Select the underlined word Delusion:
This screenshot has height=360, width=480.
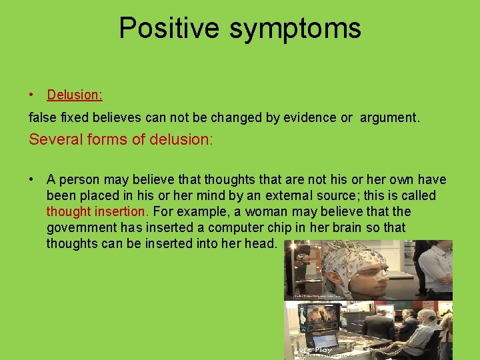point(75,95)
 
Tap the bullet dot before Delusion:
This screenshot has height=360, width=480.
point(32,95)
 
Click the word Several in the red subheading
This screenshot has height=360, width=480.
point(52,140)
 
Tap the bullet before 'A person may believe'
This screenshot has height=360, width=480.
point(32,179)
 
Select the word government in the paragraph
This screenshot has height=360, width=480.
point(79,227)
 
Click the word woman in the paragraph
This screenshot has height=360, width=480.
point(267,211)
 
